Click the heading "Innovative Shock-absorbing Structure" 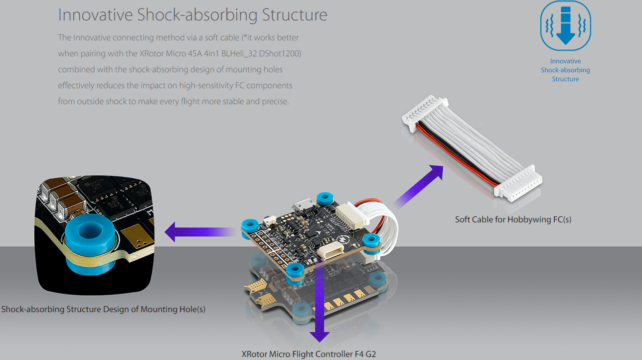192,14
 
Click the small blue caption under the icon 565,70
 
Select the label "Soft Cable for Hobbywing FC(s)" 513,219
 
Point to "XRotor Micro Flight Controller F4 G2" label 309,354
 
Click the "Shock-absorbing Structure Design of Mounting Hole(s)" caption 103,309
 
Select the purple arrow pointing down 320,309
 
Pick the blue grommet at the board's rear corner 325,198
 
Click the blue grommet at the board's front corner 295,271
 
